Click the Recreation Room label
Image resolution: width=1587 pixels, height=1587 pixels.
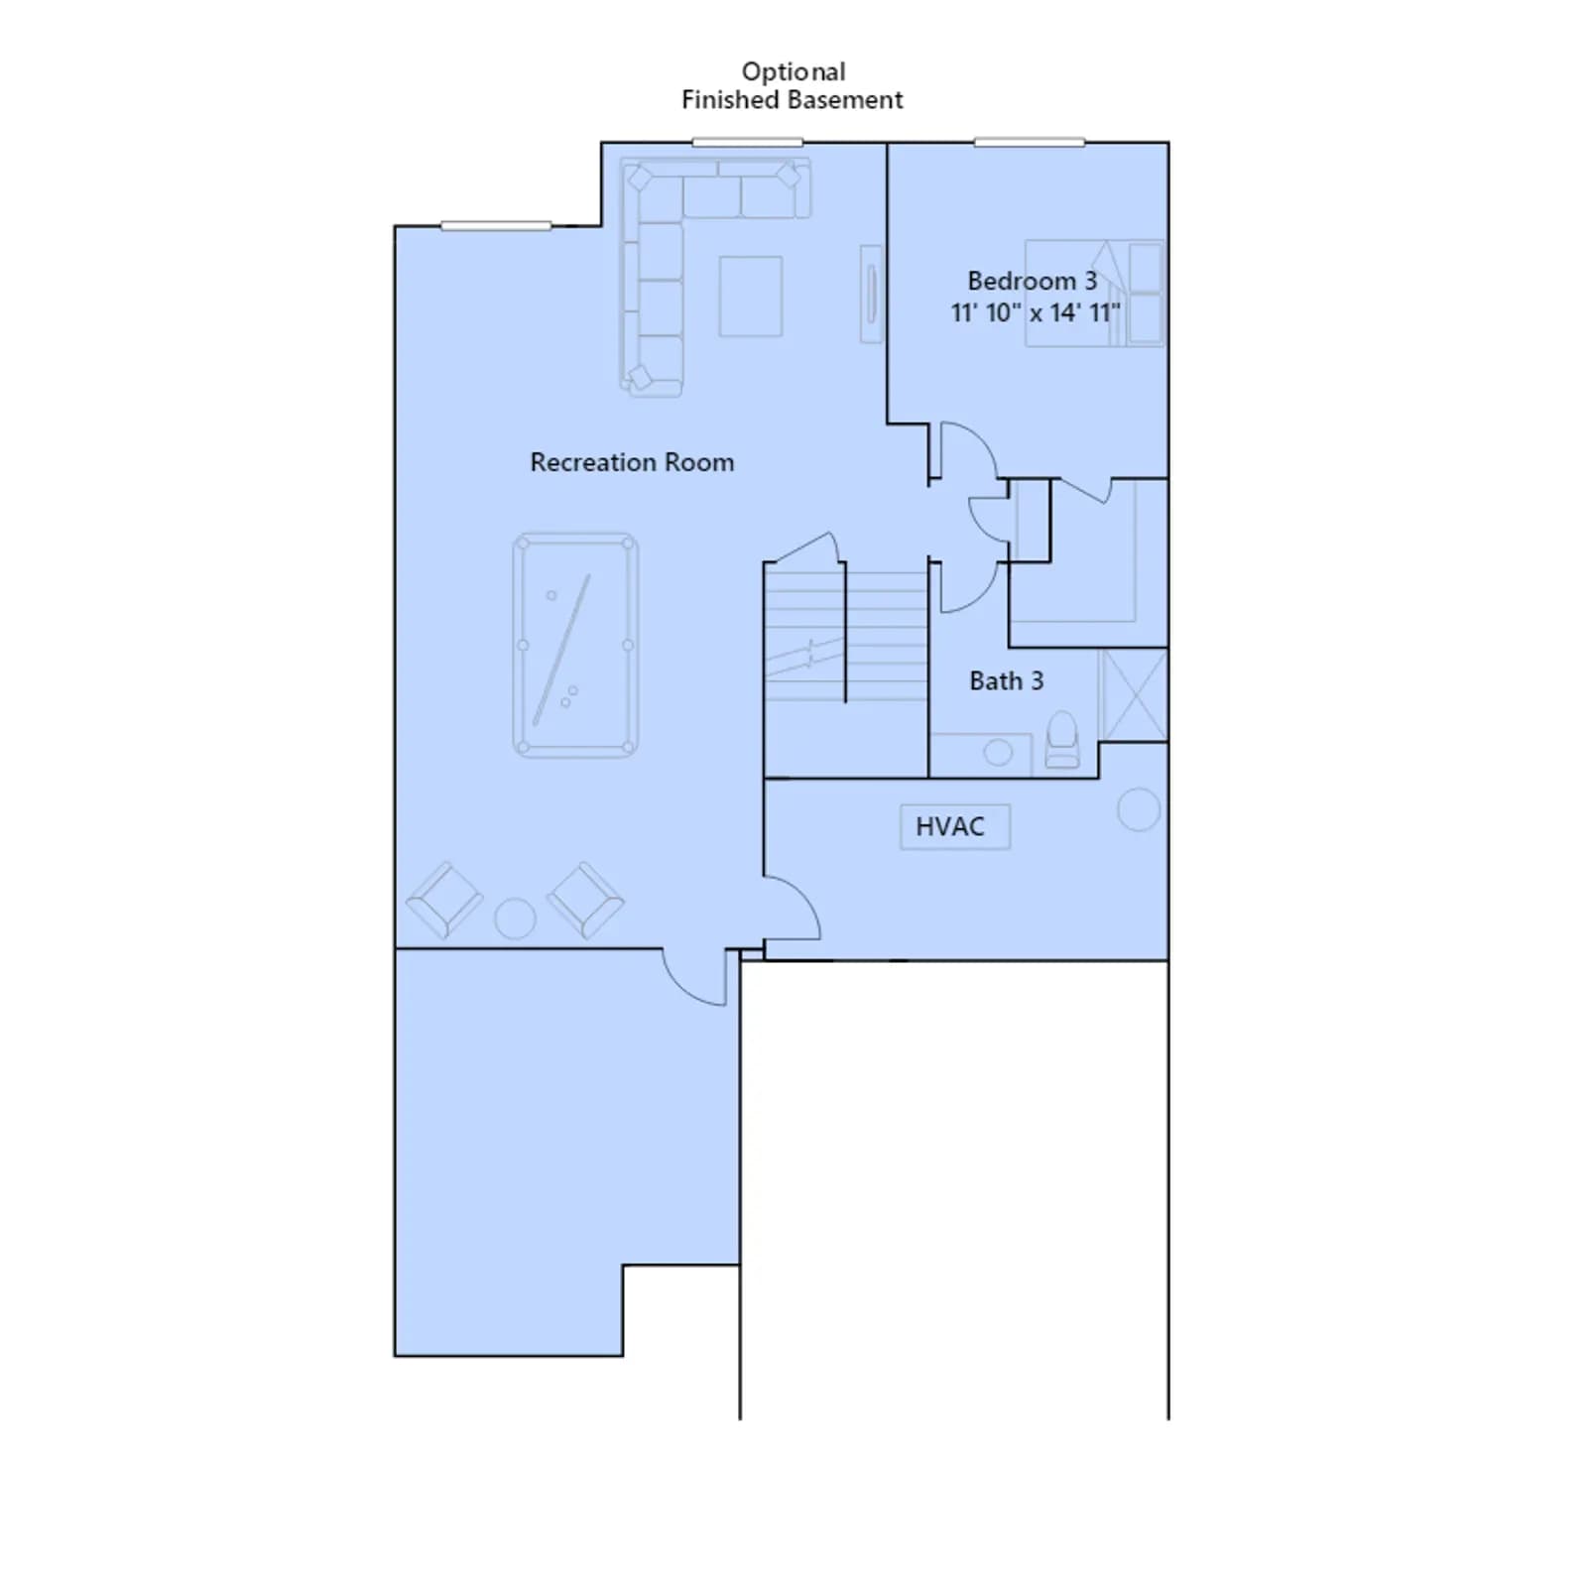coord(632,462)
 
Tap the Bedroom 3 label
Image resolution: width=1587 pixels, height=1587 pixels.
coord(1033,281)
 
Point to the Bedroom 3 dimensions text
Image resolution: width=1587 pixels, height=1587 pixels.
coord(1036,312)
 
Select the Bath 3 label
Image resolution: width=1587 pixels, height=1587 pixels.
coord(1006,680)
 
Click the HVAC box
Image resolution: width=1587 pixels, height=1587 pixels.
coord(954,826)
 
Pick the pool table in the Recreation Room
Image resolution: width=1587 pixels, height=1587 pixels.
coord(575,646)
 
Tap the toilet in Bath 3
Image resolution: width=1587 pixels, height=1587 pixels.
coord(1062,739)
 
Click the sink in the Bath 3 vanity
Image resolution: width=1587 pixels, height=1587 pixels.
coord(998,753)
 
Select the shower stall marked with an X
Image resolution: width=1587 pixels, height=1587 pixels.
coord(1133,694)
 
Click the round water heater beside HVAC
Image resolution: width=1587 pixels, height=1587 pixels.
coord(1139,809)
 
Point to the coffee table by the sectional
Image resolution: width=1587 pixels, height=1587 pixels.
coord(751,296)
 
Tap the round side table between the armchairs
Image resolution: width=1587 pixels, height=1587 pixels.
coord(515,918)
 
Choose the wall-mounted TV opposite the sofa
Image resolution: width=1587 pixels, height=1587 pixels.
coord(871,294)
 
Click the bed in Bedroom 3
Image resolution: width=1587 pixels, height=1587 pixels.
coord(1094,293)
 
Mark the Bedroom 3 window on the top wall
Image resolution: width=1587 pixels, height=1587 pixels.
coord(1029,143)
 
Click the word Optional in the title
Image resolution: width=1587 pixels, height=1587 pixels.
coord(793,72)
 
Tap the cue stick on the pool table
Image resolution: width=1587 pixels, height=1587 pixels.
coord(561,650)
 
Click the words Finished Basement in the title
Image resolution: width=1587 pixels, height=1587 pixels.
coord(793,99)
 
